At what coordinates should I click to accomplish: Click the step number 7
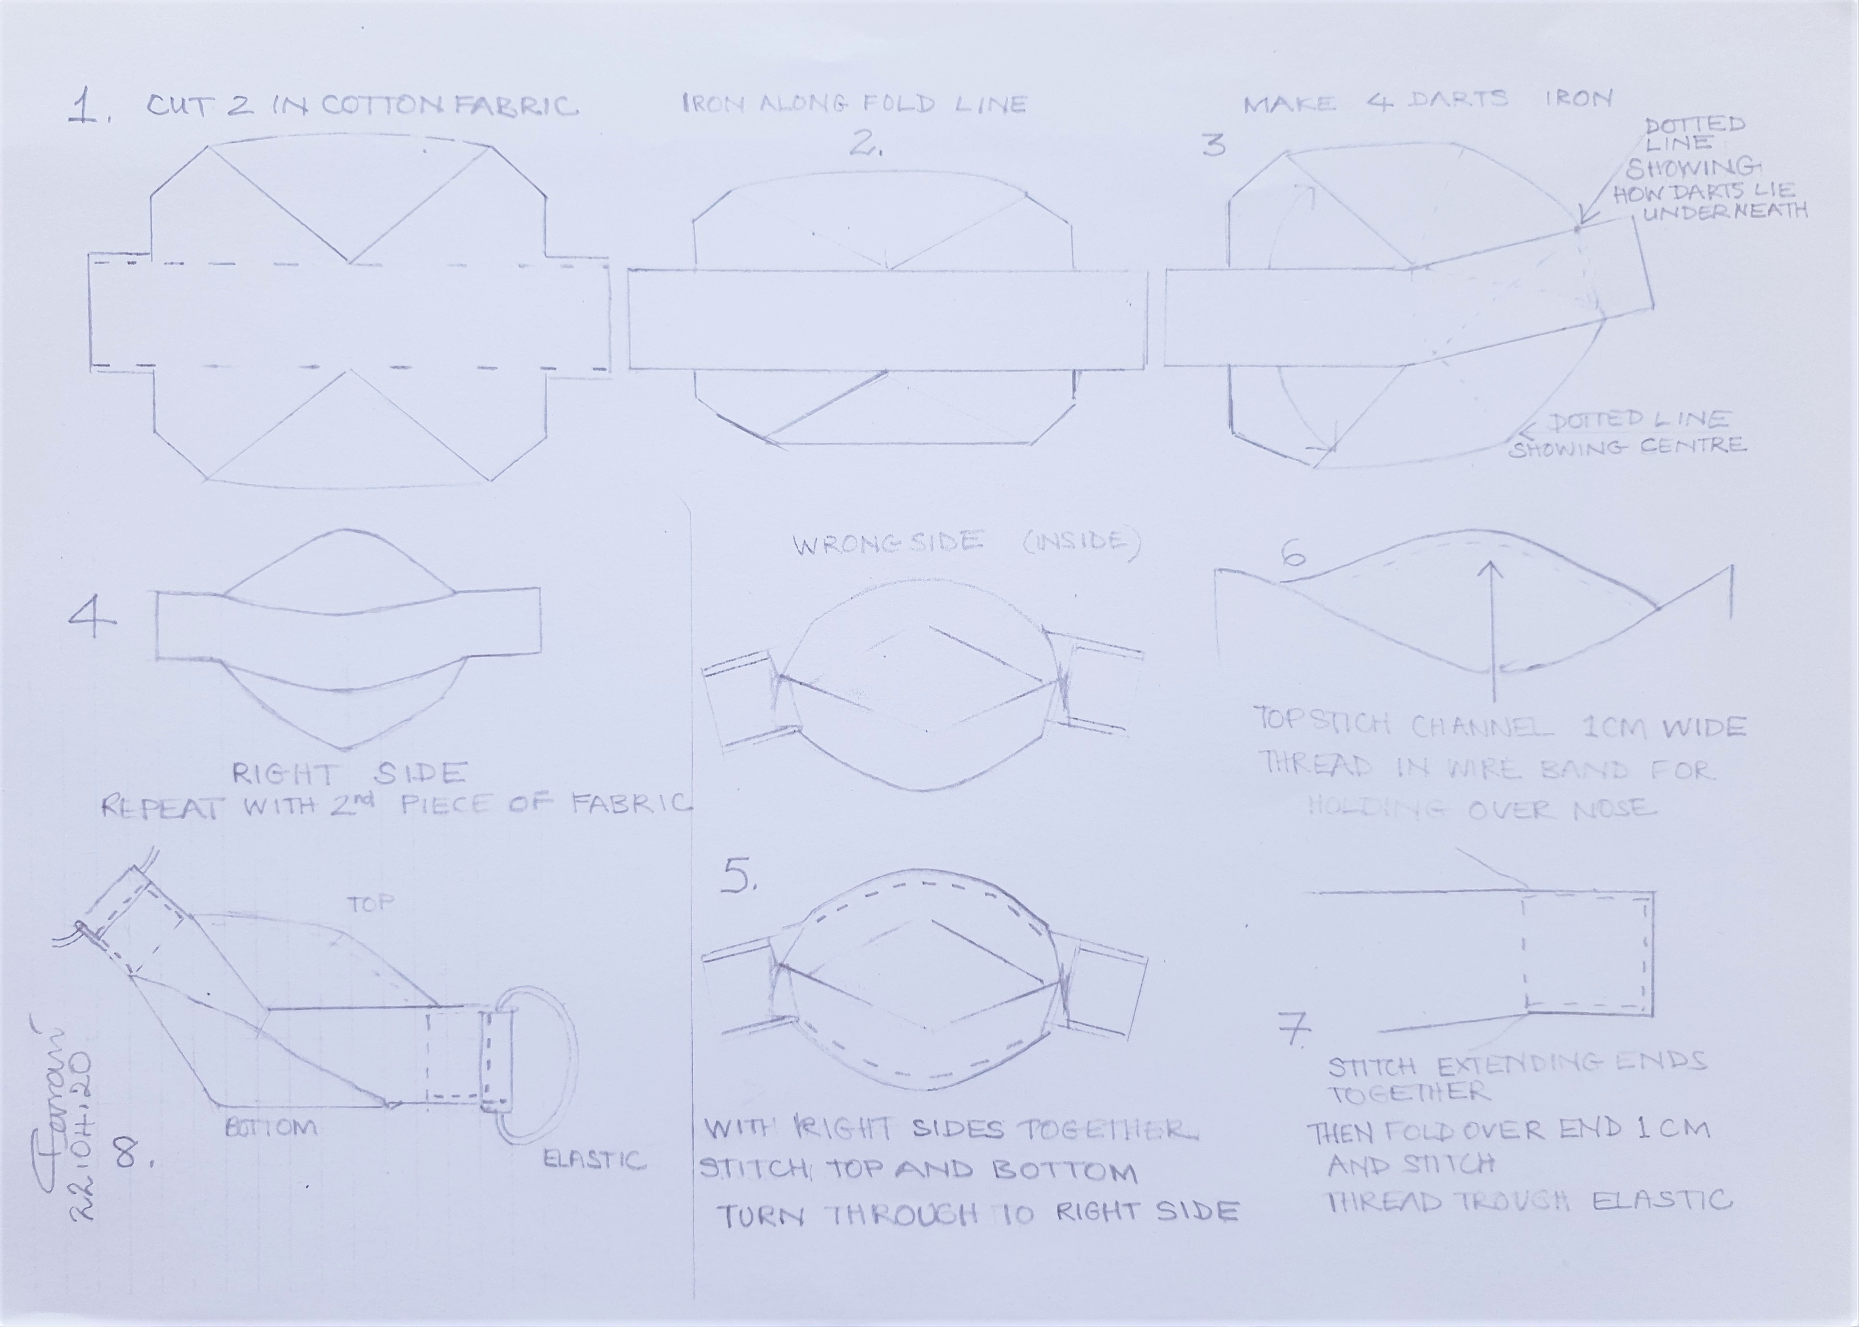(1293, 1031)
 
